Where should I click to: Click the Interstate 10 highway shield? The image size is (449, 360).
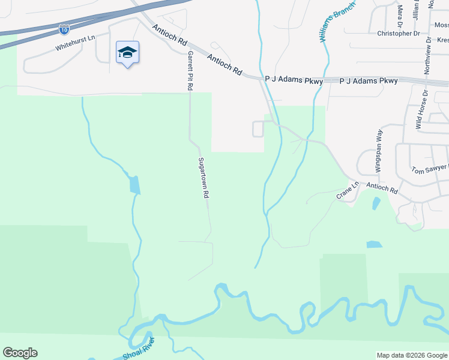coord(64,28)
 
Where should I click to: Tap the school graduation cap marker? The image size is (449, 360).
coord(127,53)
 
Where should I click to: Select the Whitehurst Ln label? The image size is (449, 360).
coord(75,42)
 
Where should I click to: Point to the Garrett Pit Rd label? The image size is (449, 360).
coord(190,70)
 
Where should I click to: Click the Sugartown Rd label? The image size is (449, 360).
coord(203,178)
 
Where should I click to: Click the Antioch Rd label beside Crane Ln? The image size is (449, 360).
coord(382,188)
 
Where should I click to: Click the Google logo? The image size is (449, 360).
coord(20,353)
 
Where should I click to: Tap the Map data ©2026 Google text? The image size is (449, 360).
coord(412,355)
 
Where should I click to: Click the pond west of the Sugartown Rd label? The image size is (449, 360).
coord(134,184)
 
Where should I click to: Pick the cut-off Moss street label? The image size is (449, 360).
coord(441,25)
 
